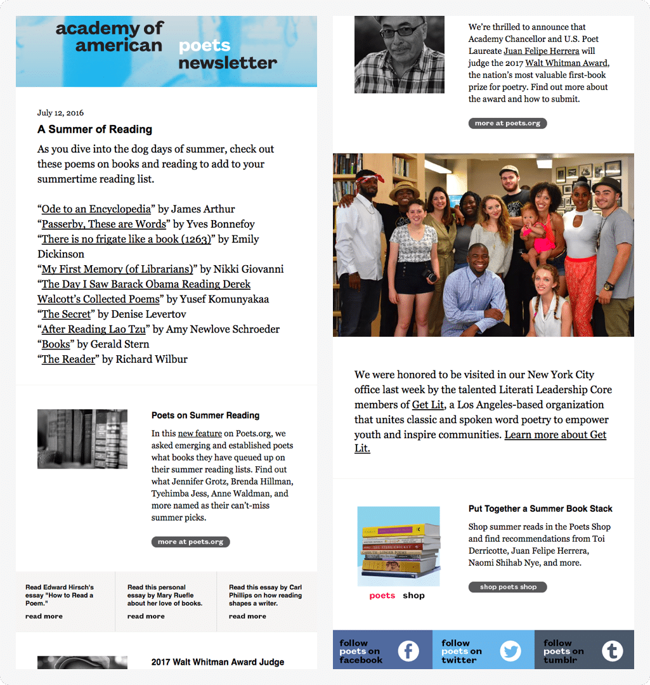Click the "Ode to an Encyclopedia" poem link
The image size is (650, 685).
[96, 209]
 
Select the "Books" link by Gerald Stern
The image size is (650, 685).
[56, 344]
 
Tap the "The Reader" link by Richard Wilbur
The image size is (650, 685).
[68, 360]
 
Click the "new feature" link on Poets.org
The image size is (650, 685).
[200, 434]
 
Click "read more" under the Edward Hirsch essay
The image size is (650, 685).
[44, 616]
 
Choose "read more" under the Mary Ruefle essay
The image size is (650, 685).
[146, 616]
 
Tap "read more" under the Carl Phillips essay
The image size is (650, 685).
[247, 616]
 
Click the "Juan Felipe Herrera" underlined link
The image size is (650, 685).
[542, 51]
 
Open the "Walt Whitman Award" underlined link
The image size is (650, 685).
[566, 63]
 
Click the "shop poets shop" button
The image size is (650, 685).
[508, 587]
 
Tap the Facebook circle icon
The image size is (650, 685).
[408, 651]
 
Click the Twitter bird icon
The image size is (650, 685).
[510, 651]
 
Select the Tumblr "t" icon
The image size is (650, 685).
[612, 651]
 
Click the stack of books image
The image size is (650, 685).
[399, 547]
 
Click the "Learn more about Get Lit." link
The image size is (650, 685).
[555, 435]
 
